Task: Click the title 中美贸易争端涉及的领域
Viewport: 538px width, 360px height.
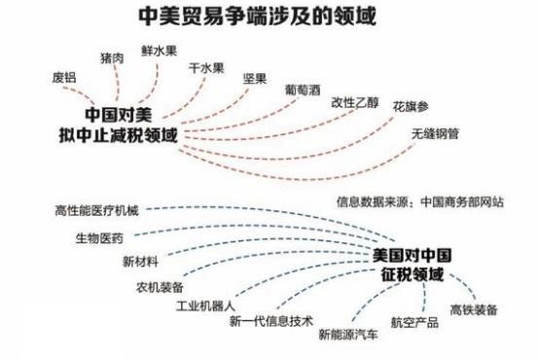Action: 258,17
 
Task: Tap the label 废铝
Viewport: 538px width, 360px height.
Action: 63,78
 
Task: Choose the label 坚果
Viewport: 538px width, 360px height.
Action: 255,79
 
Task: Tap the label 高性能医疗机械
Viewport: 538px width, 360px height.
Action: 96,211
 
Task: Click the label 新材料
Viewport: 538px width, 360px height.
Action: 140,263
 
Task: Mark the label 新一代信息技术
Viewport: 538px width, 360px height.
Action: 271,320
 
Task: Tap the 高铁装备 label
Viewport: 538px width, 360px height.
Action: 474,309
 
